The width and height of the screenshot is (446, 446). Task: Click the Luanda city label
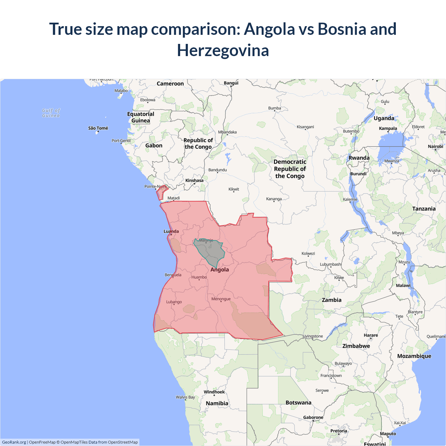click(x=171, y=231)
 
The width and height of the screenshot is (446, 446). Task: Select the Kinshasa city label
click(x=194, y=180)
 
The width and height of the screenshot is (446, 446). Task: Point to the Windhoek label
click(x=214, y=392)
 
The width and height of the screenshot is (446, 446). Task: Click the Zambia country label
click(x=331, y=300)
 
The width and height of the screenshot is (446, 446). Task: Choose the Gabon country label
click(x=154, y=146)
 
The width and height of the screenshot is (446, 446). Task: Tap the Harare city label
click(x=371, y=335)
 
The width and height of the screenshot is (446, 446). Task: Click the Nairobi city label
click(x=435, y=146)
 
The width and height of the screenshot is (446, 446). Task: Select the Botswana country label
click(x=298, y=402)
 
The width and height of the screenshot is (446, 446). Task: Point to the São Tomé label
click(x=98, y=128)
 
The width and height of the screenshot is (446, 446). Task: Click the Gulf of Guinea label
click(x=51, y=113)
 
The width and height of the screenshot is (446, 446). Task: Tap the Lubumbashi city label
click(x=331, y=264)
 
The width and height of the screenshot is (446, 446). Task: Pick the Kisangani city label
click(x=305, y=127)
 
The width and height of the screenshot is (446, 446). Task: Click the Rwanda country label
click(x=359, y=158)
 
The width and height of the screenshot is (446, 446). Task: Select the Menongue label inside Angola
click(x=221, y=299)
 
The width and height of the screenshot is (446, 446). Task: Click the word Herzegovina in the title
click(x=223, y=50)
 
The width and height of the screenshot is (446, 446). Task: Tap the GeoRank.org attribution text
click(x=14, y=442)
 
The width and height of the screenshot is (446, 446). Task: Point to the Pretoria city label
click(x=338, y=431)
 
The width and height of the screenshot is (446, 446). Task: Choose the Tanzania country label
click(x=424, y=209)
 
